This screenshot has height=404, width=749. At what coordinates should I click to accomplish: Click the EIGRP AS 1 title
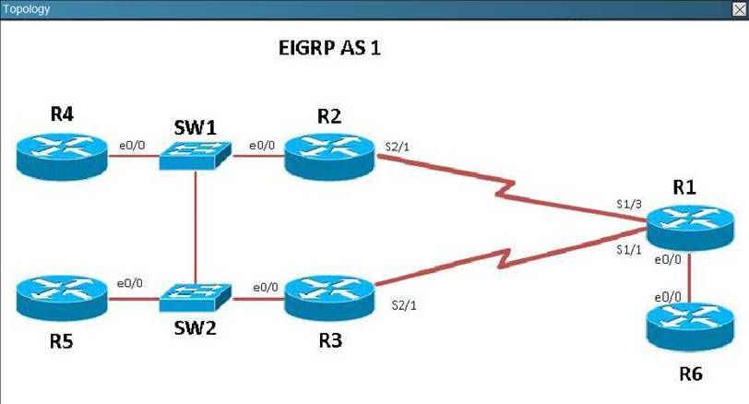click(329, 48)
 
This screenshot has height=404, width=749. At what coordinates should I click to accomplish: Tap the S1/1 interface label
click(629, 250)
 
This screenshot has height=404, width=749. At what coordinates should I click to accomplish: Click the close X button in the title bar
click(738, 8)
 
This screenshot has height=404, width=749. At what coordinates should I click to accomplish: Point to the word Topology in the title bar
click(28, 9)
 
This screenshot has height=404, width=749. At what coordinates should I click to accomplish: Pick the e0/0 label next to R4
click(130, 144)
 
